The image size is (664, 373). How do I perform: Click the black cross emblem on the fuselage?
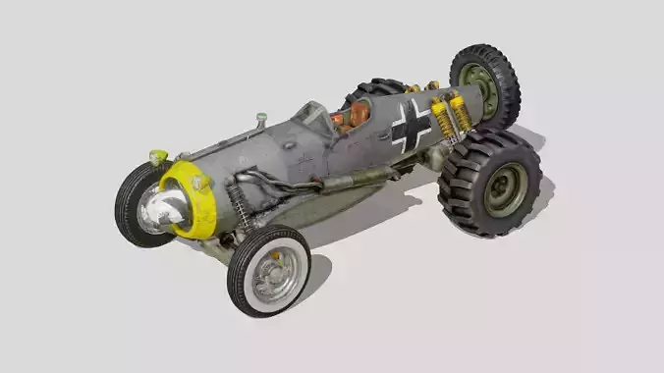411,127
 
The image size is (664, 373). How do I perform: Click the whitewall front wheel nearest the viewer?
268,270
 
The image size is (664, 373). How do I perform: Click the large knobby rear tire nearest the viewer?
490,183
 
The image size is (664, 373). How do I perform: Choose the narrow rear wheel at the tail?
485,83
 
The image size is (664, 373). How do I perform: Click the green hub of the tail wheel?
479,86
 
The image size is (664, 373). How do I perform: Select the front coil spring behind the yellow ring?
239,205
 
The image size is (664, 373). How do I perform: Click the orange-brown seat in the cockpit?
357,115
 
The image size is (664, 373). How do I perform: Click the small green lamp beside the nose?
158,156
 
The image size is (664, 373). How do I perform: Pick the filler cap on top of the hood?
261,120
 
